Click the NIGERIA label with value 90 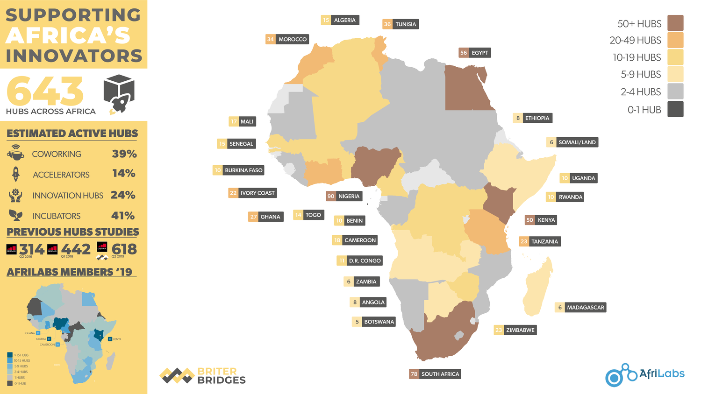tap(344, 196)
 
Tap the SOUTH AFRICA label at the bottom tap(435, 374)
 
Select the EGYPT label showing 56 tap(474, 53)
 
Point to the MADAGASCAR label tap(580, 307)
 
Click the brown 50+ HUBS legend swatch tap(675, 23)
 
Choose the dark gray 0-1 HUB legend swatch tap(675, 109)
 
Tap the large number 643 tap(45, 91)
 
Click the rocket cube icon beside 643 tap(119, 93)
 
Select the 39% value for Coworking tap(124, 154)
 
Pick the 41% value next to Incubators tap(123, 216)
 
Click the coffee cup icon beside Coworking tap(16, 153)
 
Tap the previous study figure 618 tap(124, 249)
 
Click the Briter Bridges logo tap(203, 375)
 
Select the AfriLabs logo tap(644, 374)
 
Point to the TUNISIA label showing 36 tap(401, 24)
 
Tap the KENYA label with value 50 tap(541, 220)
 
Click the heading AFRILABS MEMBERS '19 tap(70, 272)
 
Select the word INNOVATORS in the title tap(74, 56)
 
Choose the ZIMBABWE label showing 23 tap(515, 330)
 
